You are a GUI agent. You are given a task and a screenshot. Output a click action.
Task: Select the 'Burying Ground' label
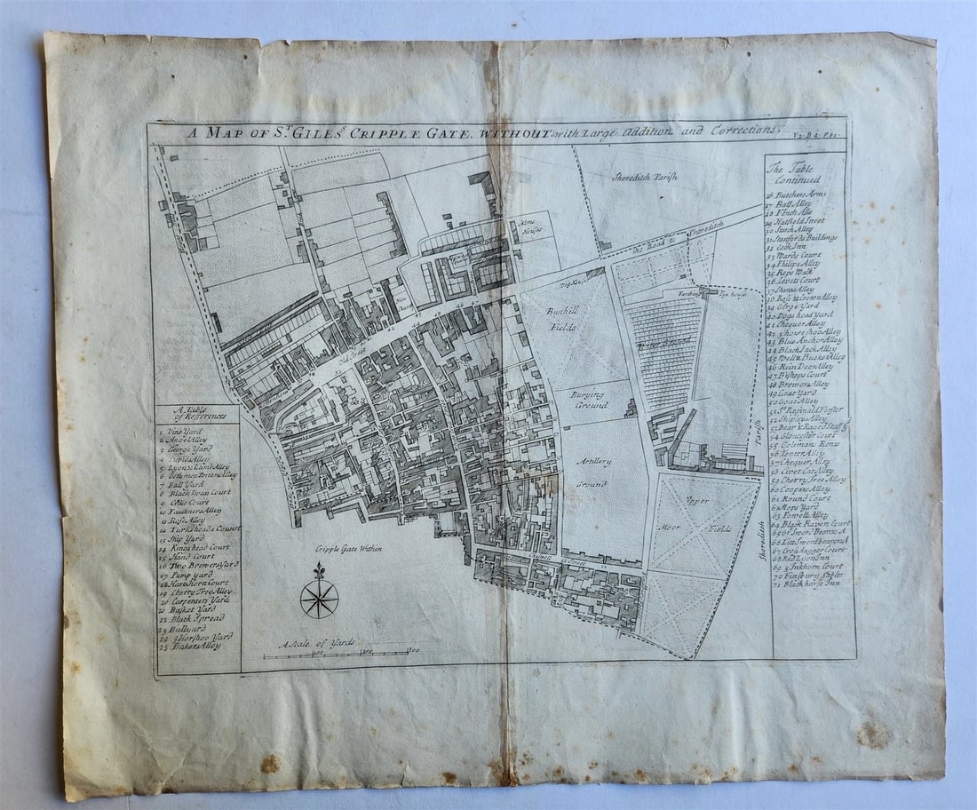588,399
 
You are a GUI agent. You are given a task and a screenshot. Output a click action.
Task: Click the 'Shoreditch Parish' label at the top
644,178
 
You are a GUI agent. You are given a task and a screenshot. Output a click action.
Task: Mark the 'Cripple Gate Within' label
351,549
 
